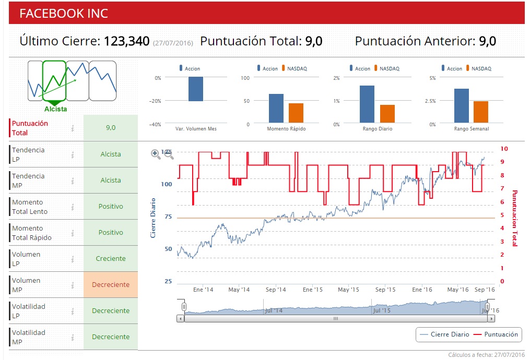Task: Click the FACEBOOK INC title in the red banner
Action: pos(64,14)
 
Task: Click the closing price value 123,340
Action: pos(127,41)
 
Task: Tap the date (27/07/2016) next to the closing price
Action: pos(173,43)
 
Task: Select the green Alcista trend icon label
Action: pos(55,109)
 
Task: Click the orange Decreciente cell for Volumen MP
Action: pos(111,285)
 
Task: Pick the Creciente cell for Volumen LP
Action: pos(111,259)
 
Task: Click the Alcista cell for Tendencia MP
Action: pos(111,181)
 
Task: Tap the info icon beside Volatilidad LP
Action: pos(73,311)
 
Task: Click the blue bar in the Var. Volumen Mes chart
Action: pos(195,89)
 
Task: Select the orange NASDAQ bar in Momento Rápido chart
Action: pos(296,113)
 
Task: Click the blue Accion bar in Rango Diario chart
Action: pos(367,104)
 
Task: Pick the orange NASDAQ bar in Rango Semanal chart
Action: pos(481,112)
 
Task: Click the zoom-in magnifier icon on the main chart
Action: pos(156,154)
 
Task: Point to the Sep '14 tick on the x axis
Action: pos(276,290)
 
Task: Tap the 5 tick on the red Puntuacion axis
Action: pos(502,215)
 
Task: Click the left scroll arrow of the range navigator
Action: pos(181,318)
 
